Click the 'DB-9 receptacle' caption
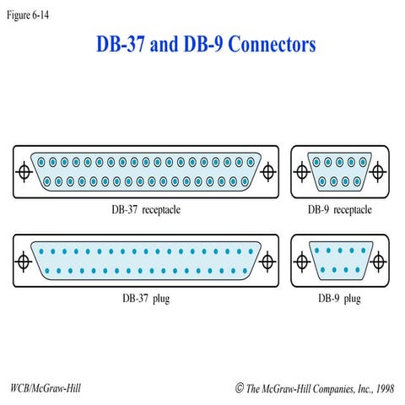pos(339,208)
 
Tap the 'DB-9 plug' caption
pos(339,298)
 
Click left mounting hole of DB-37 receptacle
pos(24,172)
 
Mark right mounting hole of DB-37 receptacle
pos(268,172)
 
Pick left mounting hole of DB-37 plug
pos(24,261)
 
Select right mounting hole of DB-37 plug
pos(268,261)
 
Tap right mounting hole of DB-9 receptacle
pos(379,172)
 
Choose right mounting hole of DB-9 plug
pos(379,261)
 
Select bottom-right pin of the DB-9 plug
pos(359,270)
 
